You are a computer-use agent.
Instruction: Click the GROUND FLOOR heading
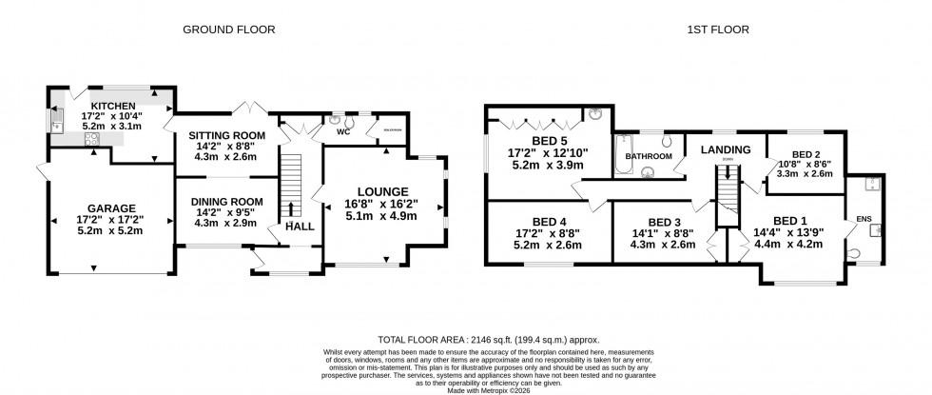tap(229, 30)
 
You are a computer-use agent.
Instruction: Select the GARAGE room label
tap(111, 208)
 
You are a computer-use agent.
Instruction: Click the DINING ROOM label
tap(226, 201)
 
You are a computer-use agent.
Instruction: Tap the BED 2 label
tap(806, 153)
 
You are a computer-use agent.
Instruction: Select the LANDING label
tap(726, 149)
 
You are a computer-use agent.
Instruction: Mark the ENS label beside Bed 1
tap(864, 218)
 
